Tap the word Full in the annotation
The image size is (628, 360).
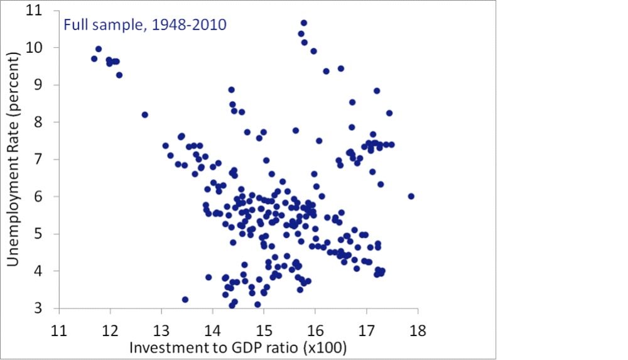pyautogui.click(x=73, y=26)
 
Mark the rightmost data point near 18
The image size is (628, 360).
pyautogui.click(x=411, y=196)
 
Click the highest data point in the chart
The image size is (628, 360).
pyautogui.click(x=304, y=23)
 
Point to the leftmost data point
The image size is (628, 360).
pyautogui.click(x=94, y=58)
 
